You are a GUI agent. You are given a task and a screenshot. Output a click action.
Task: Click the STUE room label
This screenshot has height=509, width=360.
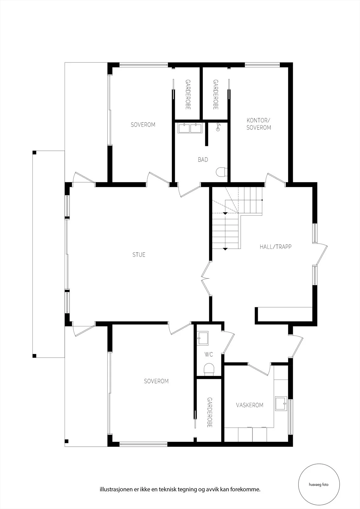139,254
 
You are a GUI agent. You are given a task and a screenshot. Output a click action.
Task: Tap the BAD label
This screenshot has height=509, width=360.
203,160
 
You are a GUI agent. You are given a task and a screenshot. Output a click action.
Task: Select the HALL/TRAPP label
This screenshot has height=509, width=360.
275,247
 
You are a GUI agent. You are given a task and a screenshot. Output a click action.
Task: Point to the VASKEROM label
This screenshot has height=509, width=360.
250,405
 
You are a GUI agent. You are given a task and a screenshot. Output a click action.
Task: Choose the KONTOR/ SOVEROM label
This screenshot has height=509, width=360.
258,124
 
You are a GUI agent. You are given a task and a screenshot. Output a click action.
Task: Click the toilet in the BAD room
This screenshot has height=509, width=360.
220,172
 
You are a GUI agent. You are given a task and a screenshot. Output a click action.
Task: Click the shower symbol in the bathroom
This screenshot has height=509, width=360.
218,127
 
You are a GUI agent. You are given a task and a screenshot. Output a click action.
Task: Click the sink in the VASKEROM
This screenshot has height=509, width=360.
281,403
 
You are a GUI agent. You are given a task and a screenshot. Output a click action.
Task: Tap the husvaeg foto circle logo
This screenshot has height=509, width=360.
319,485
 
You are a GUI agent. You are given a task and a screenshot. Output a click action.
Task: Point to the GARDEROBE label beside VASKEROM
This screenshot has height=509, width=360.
209,412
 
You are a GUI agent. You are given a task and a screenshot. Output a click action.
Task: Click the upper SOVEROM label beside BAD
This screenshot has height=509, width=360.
143,124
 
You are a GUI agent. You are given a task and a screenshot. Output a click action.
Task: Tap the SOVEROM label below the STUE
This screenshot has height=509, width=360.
156,381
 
